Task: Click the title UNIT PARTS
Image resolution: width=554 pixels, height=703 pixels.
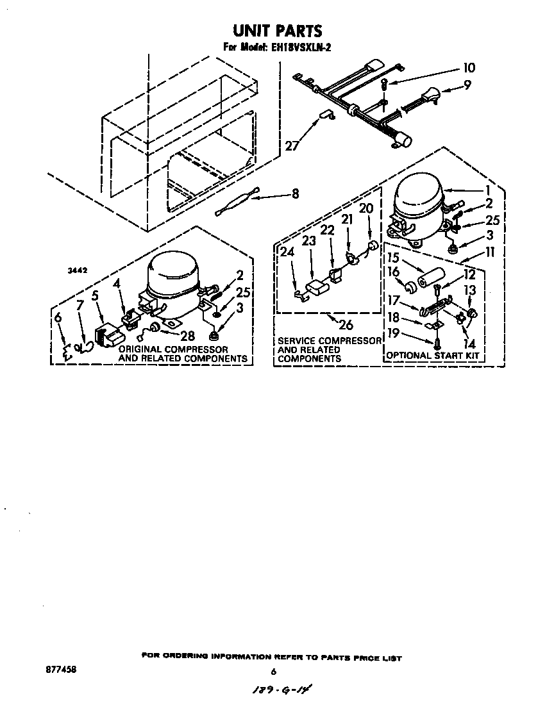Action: tap(276, 30)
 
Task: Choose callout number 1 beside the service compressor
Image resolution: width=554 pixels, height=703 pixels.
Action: tap(487, 190)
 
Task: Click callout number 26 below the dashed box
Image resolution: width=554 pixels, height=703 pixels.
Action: tap(345, 324)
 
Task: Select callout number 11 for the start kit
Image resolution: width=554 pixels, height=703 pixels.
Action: tap(490, 252)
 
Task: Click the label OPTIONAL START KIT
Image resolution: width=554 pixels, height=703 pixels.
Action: tap(433, 355)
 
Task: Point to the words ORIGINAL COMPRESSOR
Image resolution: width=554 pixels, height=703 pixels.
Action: tap(173, 349)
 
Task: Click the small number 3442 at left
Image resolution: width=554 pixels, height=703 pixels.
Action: tap(78, 272)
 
